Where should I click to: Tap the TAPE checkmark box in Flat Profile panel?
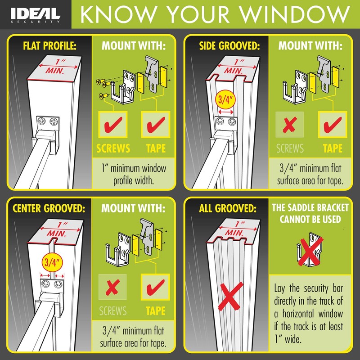(155, 125)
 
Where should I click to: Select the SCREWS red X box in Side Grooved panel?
(290, 125)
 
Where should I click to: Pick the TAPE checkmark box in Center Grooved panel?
(155, 288)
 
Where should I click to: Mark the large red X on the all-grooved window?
(230, 297)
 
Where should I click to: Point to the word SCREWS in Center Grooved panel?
(112, 311)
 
